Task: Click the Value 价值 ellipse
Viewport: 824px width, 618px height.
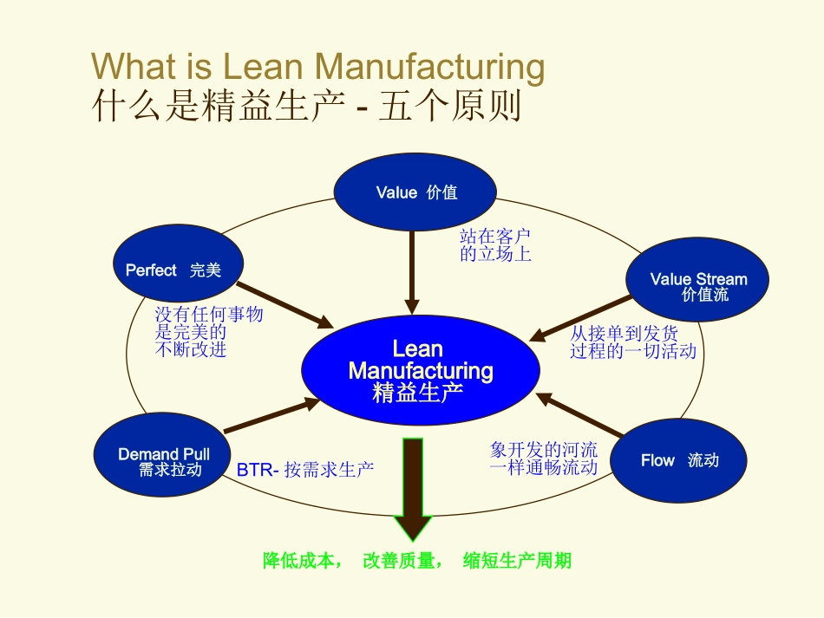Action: tap(415, 192)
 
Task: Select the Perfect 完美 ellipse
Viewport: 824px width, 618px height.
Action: tap(178, 269)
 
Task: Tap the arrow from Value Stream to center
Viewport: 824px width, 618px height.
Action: tap(581, 318)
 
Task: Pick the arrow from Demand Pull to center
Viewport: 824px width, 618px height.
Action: tap(269, 417)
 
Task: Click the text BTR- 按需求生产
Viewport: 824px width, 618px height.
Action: tap(305, 470)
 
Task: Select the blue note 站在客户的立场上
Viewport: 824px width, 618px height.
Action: tap(495, 244)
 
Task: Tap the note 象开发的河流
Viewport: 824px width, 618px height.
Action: tap(544, 450)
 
